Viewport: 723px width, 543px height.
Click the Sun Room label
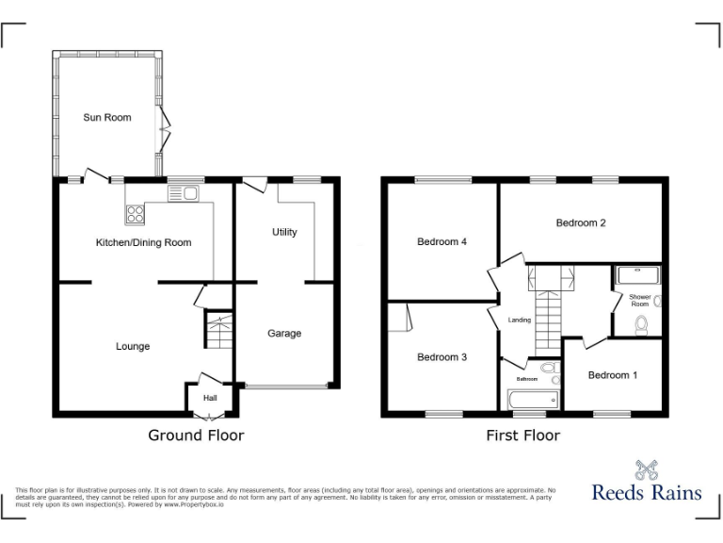107,118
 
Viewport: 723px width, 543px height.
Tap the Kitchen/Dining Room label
143,243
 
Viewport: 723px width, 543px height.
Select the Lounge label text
133,347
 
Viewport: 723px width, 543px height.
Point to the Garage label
284,334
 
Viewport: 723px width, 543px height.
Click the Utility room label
284,232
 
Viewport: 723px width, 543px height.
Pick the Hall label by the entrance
210,398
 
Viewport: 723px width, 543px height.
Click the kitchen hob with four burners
135,213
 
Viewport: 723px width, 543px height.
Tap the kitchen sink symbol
182,194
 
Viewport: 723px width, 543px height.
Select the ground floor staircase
217,331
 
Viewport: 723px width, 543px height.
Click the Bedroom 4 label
442,242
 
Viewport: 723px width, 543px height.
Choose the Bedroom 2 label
580,223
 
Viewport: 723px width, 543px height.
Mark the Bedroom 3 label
442,357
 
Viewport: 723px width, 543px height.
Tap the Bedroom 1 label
613,375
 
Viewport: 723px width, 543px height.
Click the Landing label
520,321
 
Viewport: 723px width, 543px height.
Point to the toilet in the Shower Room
642,326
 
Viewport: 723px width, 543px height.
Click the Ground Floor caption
196,436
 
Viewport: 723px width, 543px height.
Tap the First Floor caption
522,436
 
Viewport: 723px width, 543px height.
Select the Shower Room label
640,301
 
